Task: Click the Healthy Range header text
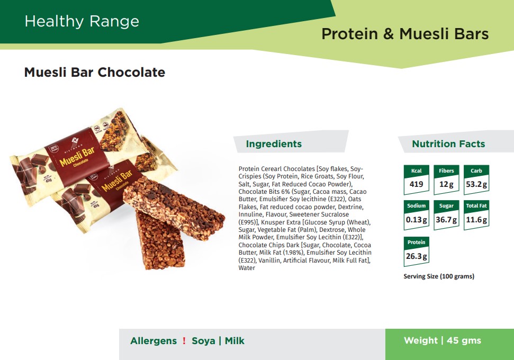point(82,22)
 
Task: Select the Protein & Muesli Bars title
point(405,34)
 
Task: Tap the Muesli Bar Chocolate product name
point(95,72)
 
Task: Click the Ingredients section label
point(274,143)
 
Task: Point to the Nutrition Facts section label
point(448,143)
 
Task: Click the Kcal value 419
point(416,184)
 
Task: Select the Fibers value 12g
point(446,184)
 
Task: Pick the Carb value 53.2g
point(476,184)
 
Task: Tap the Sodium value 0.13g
point(416,220)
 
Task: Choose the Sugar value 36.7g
point(446,220)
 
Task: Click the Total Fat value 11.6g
point(476,220)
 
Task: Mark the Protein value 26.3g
point(416,256)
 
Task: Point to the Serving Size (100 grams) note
point(439,276)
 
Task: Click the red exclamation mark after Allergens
point(184,340)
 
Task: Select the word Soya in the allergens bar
point(204,341)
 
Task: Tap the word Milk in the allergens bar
point(235,340)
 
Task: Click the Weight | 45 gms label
point(443,340)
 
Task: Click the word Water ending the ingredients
point(247,268)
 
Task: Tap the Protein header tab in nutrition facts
point(416,242)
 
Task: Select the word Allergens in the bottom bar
point(154,341)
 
